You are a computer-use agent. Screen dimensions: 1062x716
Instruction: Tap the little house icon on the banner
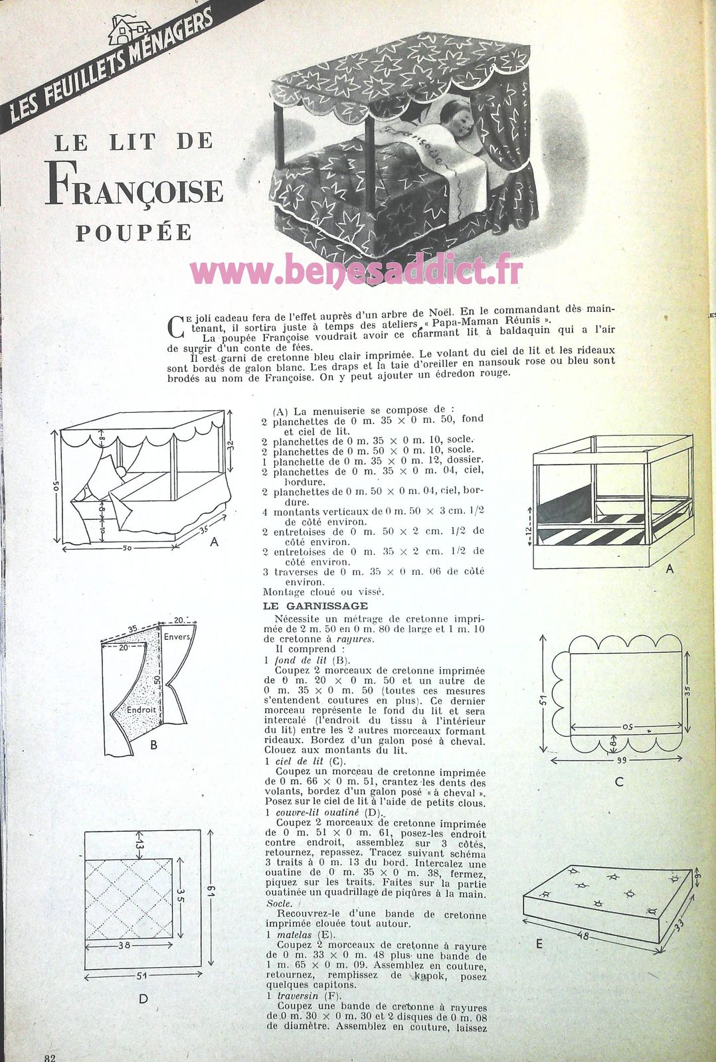point(128,29)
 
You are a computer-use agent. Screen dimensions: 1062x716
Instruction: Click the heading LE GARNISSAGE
point(306,605)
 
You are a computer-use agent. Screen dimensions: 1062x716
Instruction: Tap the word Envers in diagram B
point(177,637)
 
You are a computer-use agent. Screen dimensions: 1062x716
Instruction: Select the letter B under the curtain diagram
point(153,745)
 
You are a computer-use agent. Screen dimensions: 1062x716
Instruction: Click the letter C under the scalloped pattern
point(619,781)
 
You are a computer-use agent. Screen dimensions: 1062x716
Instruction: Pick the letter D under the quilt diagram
point(143,998)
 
